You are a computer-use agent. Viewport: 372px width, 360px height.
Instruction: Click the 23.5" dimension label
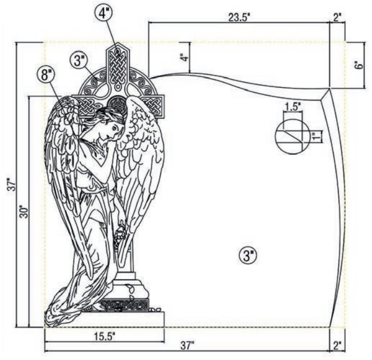point(239,17)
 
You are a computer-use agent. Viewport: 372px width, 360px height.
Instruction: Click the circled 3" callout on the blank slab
point(248,256)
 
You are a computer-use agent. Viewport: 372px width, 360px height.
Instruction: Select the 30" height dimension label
point(24,211)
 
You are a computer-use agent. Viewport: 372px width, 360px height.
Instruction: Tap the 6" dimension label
point(360,65)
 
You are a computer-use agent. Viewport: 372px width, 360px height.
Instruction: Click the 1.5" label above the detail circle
point(293,107)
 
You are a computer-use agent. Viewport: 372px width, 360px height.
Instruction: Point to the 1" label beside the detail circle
point(315,137)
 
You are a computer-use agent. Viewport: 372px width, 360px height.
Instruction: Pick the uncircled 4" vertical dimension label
point(185,58)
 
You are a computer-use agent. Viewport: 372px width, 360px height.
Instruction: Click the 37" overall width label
point(188,346)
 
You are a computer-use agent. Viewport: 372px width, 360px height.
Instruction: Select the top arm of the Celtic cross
point(117,64)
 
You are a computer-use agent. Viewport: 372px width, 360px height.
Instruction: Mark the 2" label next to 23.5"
point(337,17)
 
